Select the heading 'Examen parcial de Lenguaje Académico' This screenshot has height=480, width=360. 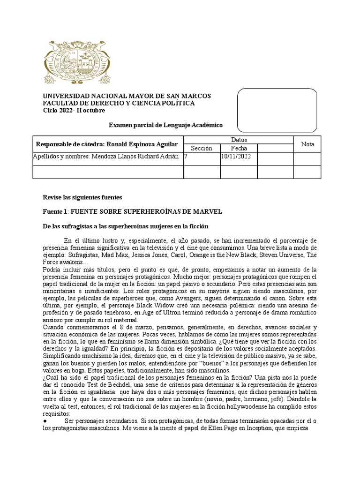166,125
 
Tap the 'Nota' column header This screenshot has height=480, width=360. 308,144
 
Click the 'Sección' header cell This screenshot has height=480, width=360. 202,148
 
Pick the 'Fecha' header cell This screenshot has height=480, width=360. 239,148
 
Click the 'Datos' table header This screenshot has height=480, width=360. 239,140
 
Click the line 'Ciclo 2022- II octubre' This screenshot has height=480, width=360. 74,111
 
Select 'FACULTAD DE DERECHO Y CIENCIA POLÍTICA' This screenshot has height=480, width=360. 119,103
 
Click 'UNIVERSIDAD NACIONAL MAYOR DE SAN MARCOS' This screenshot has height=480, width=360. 127,96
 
